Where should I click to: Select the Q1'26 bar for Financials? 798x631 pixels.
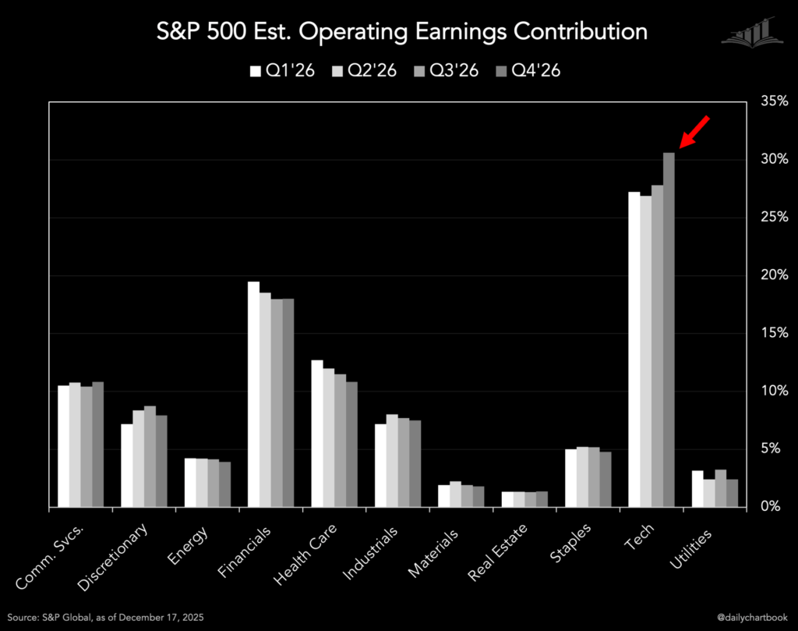(x=254, y=395)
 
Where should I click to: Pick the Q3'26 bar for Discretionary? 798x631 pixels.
(x=150, y=457)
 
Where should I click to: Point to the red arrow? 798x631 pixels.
(x=695, y=131)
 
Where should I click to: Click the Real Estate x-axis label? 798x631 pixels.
(x=499, y=553)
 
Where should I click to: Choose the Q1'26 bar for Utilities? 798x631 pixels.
(x=697, y=489)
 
